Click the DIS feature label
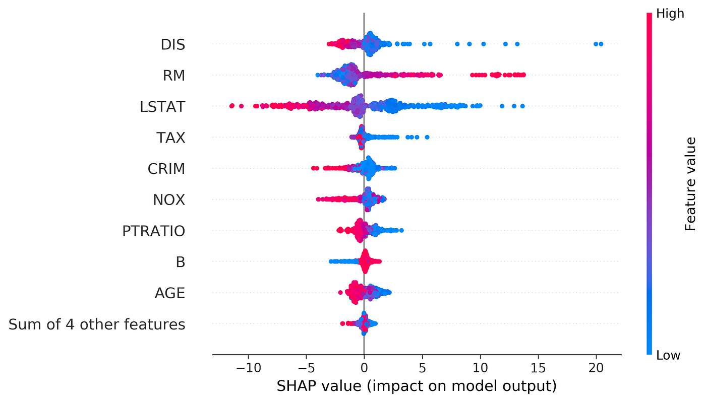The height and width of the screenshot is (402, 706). pos(172,44)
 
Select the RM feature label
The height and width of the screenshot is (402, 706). pos(173,76)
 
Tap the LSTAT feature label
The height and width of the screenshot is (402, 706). pos(162,107)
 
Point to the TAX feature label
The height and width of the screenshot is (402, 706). pos(171,138)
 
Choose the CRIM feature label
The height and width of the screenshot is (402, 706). pos(166,169)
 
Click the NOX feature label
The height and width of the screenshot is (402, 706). pos(169,200)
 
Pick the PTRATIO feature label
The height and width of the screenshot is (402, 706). pos(153,231)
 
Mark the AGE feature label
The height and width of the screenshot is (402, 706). pos(170,293)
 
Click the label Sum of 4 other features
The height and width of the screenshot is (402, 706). pos(97,324)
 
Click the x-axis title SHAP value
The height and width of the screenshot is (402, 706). pos(417,386)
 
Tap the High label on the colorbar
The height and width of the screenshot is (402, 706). pos(670,14)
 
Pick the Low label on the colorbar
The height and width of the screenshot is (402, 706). pos(668,356)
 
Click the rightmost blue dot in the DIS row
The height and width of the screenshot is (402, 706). pos(601,44)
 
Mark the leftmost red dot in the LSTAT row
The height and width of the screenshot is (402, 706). pos(231,106)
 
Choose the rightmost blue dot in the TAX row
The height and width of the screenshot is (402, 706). pos(427,137)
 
